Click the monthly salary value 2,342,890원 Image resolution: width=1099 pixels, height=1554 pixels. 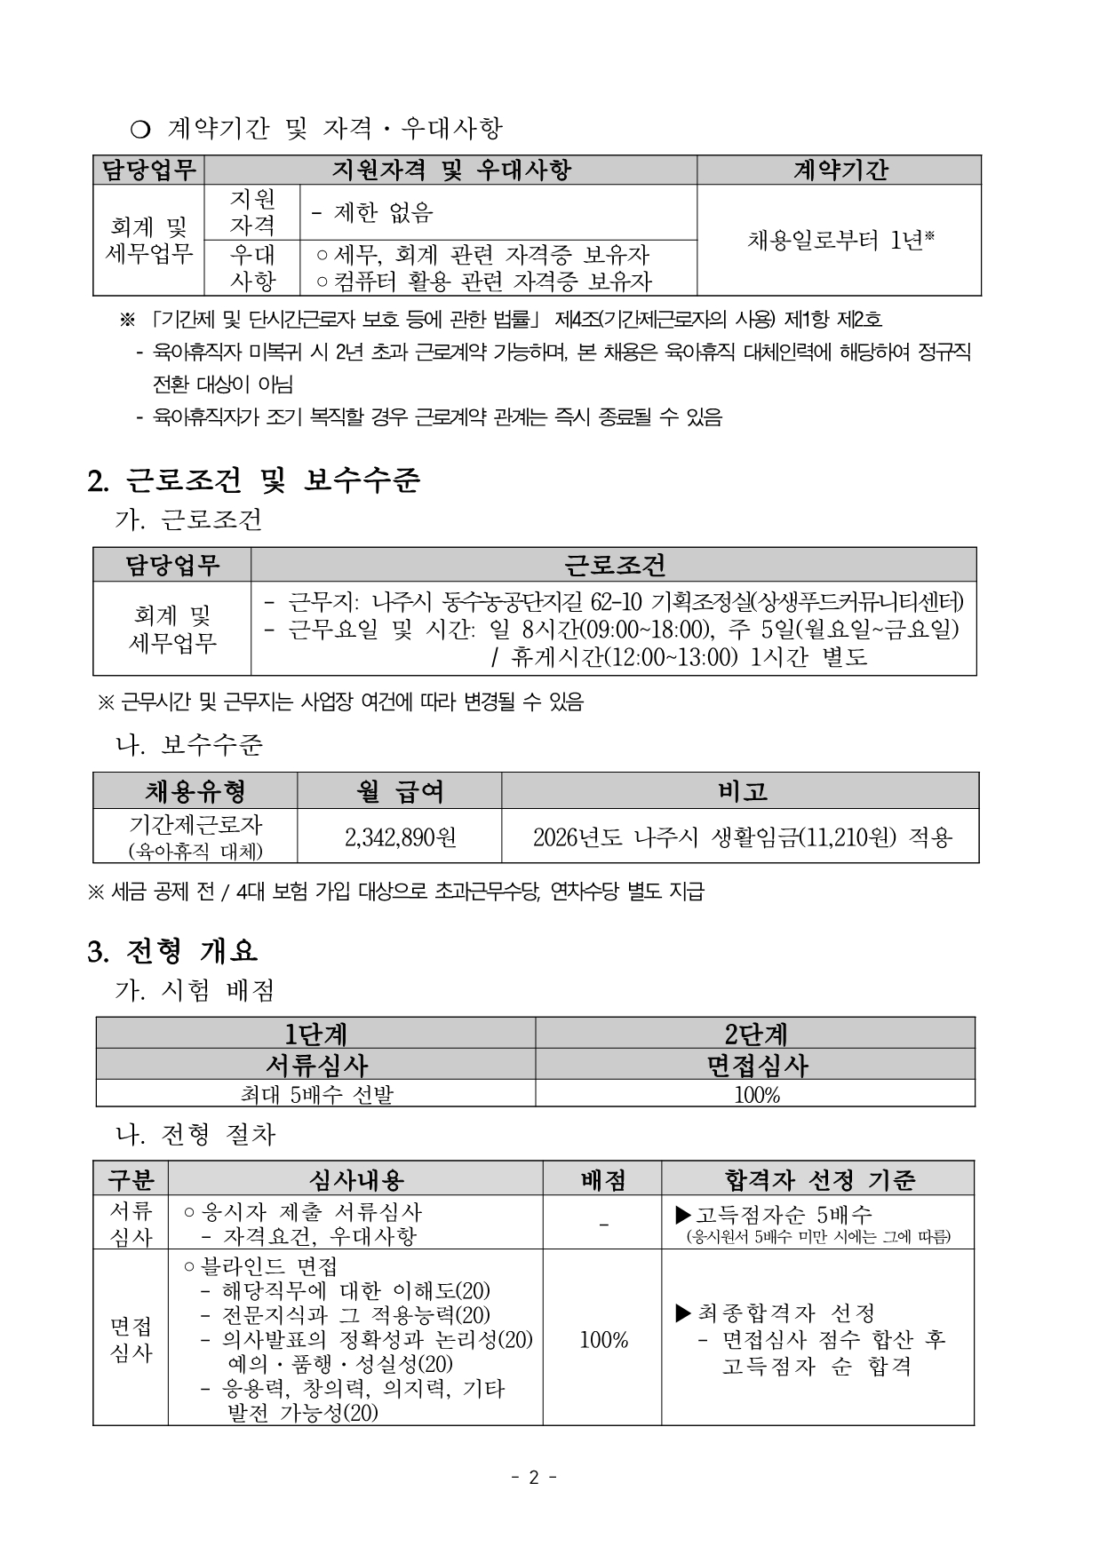(x=400, y=836)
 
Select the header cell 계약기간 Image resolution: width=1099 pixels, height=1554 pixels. (x=839, y=170)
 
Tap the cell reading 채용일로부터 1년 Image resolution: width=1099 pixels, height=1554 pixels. (x=839, y=240)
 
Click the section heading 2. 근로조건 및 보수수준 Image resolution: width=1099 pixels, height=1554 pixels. (x=254, y=480)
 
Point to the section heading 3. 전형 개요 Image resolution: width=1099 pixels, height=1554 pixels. (x=173, y=951)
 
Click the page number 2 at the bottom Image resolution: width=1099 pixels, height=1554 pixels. (x=534, y=1478)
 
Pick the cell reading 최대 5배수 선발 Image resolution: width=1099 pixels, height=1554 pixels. (x=315, y=1094)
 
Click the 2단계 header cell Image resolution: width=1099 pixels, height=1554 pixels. (x=756, y=1034)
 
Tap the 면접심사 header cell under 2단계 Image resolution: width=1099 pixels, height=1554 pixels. (x=756, y=1065)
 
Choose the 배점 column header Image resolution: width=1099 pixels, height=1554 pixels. (x=602, y=1179)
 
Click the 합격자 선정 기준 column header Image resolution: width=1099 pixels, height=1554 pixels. (x=818, y=1179)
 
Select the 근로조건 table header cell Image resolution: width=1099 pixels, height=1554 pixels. (x=614, y=565)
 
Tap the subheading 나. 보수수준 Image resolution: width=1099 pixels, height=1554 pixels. (x=190, y=744)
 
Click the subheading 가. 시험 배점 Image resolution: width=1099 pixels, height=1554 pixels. (x=195, y=989)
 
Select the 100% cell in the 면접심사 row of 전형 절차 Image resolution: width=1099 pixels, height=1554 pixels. (x=603, y=1339)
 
